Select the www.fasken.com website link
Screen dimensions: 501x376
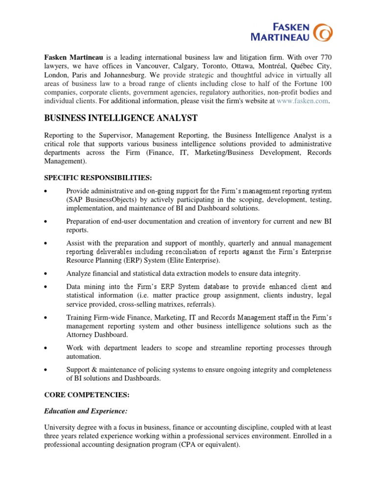tap(303, 101)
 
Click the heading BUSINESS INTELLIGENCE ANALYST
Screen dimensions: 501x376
tap(121, 118)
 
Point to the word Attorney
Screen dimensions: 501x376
tap(81, 335)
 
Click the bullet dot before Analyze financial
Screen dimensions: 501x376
tap(46, 273)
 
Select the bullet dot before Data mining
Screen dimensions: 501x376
tap(46, 286)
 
